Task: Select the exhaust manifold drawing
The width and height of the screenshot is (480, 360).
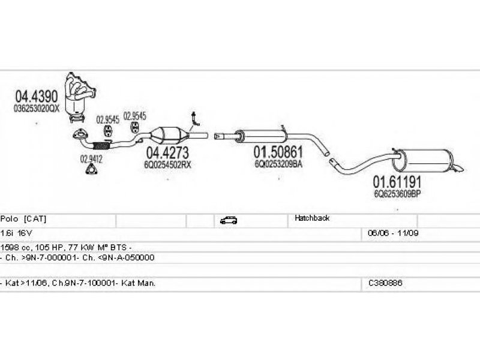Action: point(81,94)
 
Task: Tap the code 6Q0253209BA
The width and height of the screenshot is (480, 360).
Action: point(278,163)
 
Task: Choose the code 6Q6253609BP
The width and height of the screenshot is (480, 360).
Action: point(395,193)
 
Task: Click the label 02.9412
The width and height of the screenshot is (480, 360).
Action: point(91,159)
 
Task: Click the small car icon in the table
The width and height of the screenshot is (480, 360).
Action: point(228,220)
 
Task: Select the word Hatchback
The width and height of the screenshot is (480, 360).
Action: point(312,218)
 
